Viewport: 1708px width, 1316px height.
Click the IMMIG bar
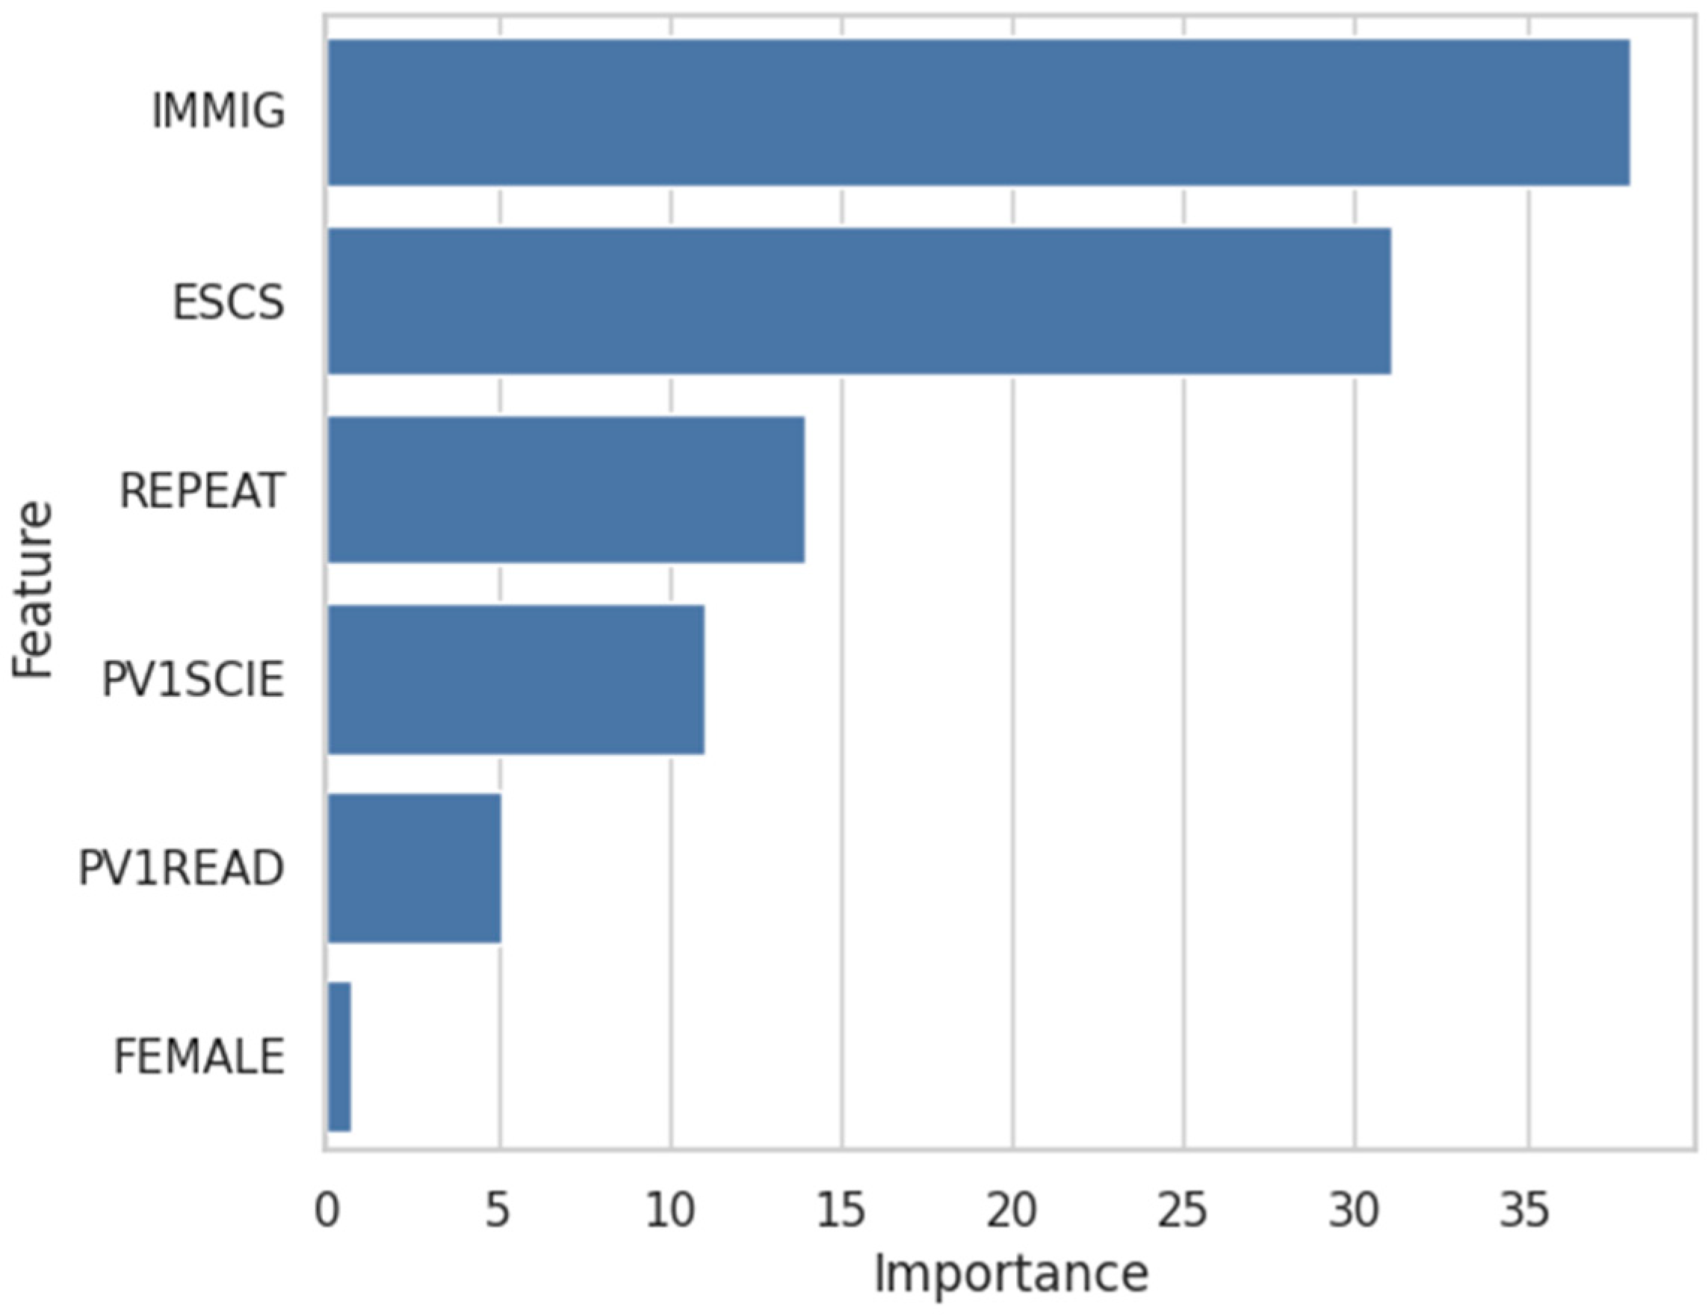tap(977, 113)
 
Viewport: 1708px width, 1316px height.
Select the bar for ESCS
tap(858, 301)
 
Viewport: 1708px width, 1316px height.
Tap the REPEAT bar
tap(566, 489)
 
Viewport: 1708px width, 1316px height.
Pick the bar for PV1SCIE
tap(516, 679)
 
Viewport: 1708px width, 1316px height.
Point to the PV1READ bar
tap(414, 868)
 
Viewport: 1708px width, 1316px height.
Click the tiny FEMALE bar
tap(338, 1056)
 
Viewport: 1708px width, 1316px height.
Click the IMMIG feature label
tap(218, 112)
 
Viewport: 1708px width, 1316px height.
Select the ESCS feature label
tap(229, 302)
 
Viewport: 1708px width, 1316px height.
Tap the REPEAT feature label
tap(202, 491)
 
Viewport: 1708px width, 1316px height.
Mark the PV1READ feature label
tap(182, 869)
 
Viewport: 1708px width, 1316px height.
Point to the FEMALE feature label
tap(199, 1057)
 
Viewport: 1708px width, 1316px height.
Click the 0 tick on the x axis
tap(327, 1211)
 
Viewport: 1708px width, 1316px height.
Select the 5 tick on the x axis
tap(498, 1211)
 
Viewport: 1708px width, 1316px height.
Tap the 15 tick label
tap(841, 1211)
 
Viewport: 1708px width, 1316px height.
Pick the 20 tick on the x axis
tap(1011, 1211)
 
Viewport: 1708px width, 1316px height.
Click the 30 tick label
tap(1354, 1211)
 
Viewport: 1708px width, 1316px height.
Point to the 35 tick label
tap(1525, 1211)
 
